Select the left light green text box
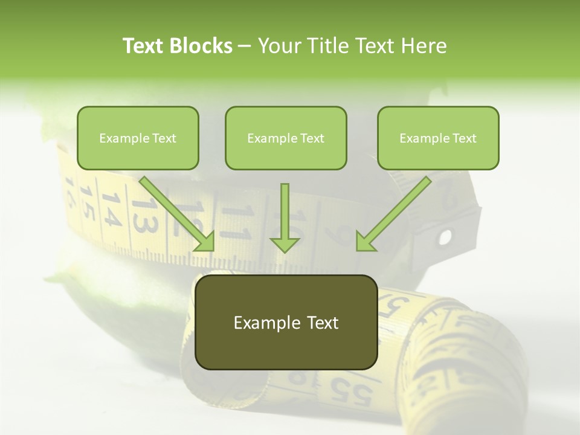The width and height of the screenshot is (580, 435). [138, 138]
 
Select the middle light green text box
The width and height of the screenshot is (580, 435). [286, 138]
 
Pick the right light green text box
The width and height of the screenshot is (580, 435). [438, 138]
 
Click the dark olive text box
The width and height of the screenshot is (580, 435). [286, 322]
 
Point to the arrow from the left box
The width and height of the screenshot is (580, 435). [178, 214]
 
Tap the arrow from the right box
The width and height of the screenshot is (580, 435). [393, 214]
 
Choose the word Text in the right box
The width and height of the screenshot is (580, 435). [464, 138]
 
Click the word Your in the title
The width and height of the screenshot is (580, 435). [279, 46]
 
